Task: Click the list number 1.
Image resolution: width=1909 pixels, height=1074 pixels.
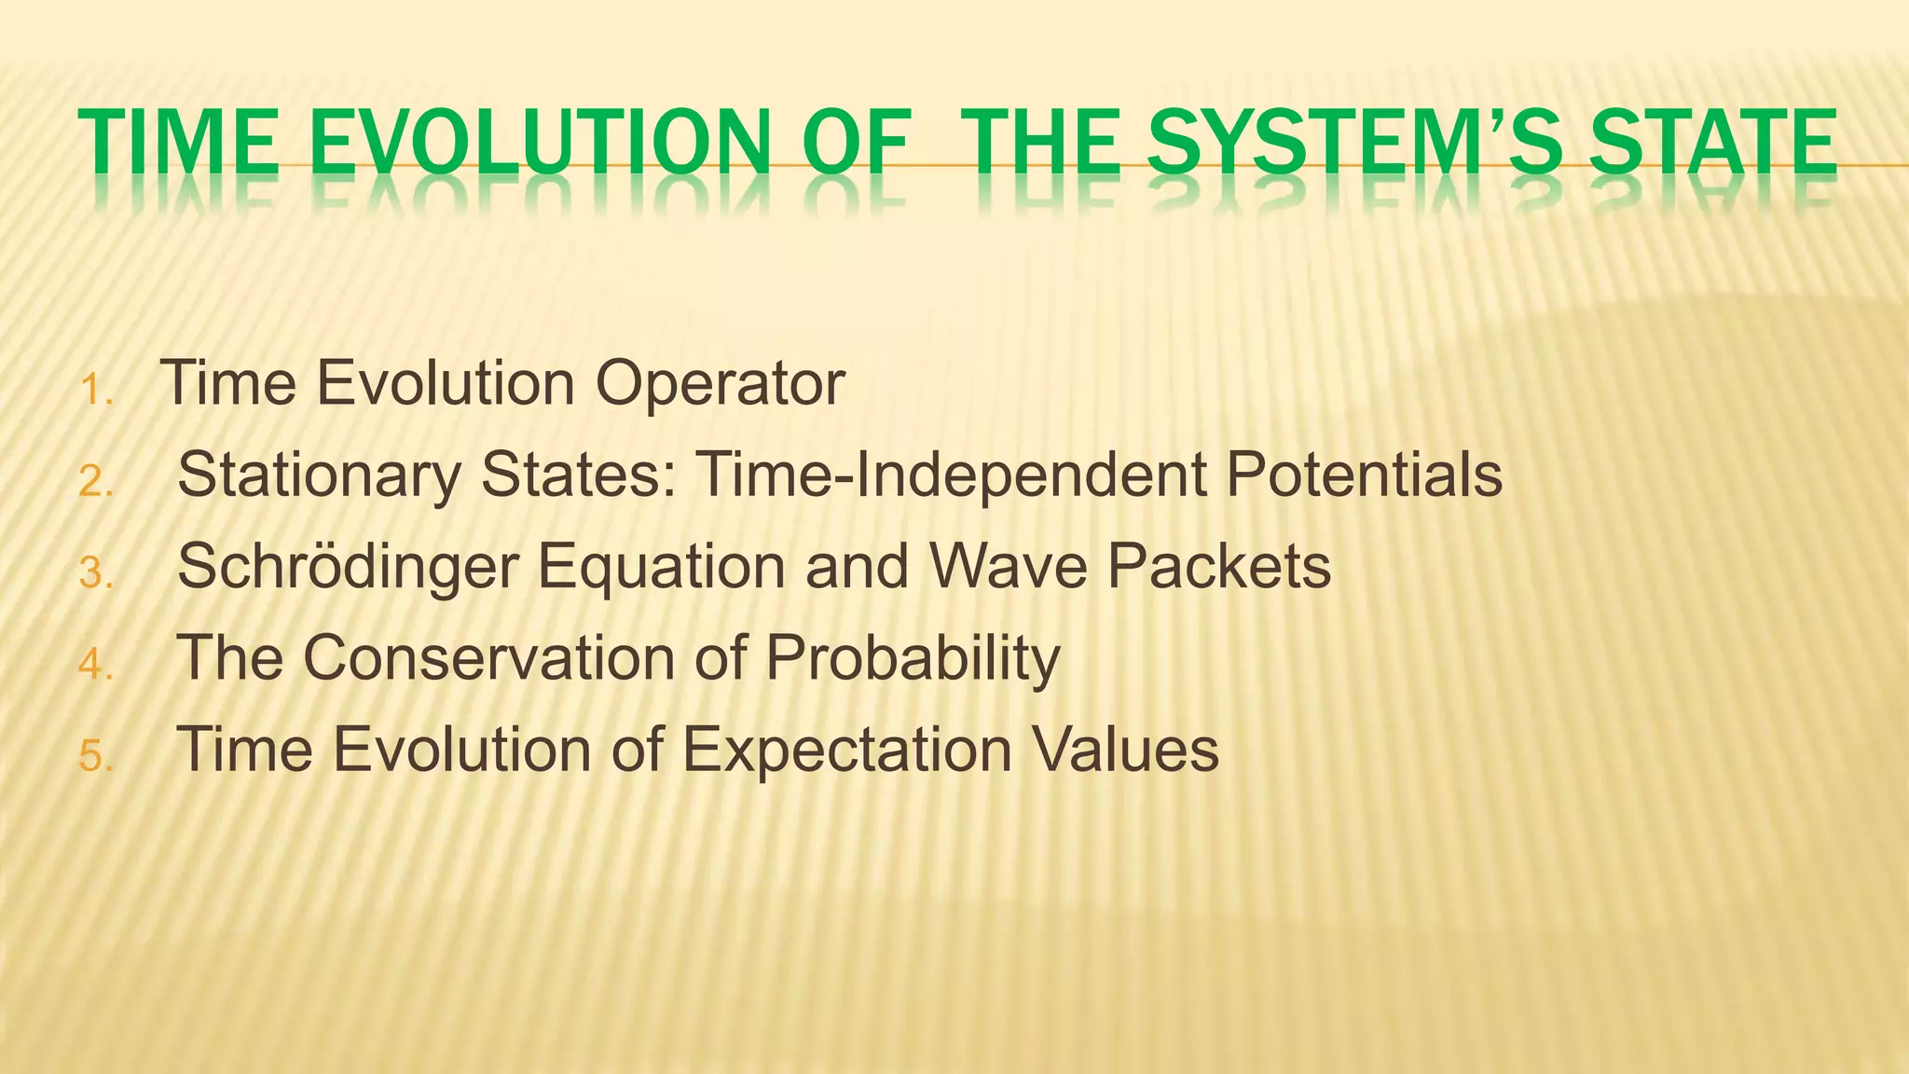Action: (x=96, y=391)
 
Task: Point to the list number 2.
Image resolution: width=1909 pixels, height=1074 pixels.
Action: (x=96, y=482)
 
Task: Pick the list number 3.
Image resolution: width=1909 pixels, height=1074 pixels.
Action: (x=96, y=573)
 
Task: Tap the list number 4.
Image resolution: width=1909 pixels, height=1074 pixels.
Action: (x=96, y=665)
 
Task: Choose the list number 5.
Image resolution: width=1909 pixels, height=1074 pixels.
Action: (x=96, y=756)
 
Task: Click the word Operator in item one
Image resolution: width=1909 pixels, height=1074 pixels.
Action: (x=720, y=384)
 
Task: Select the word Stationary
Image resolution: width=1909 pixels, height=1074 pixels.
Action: (x=319, y=475)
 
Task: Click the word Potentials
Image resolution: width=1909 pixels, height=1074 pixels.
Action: (x=1363, y=474)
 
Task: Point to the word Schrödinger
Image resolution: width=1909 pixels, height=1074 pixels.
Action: (x=348, y=567)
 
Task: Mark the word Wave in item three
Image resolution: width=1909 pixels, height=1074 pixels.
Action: (x=1009, y=565)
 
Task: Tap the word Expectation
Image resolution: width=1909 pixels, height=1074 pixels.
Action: (x=846, y=750)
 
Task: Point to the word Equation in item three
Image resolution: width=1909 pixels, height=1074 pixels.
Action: (x=662, y=567)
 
